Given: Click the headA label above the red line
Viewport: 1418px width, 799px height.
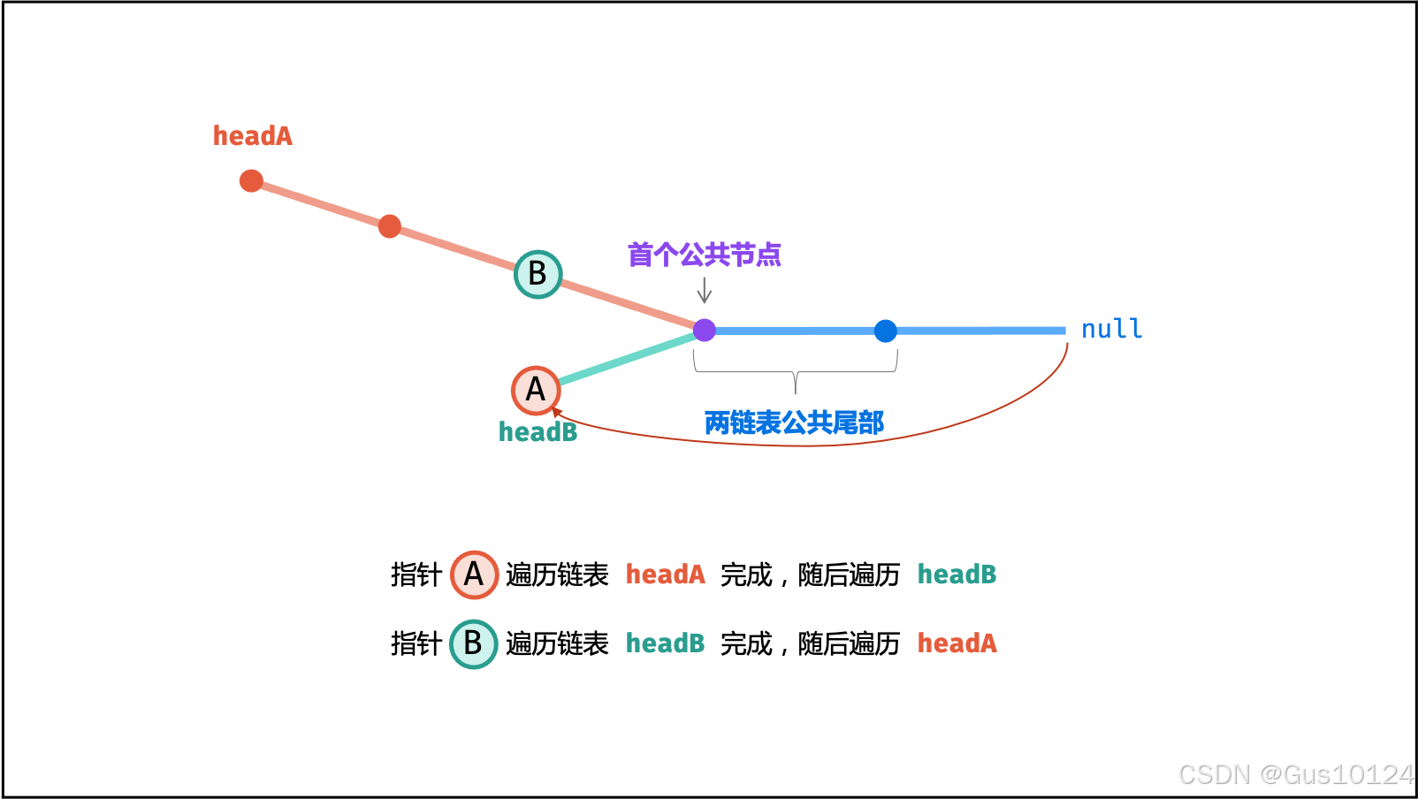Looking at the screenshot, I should click(x=252, y=136).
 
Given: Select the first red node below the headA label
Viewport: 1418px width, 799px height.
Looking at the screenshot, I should click(x=251, y=181).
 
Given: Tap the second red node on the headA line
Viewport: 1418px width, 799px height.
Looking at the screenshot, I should click(x=389, y=226).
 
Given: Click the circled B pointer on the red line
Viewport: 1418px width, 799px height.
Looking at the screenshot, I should click(x=537, y=274).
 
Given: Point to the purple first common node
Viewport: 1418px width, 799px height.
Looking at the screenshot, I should click(x=705, y=331).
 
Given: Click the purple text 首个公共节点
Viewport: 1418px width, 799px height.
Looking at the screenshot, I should click(x=704, y=255).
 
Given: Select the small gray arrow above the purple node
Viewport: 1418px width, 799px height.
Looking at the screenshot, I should click(x=705, y=291).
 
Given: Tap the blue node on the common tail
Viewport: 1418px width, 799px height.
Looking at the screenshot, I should click(x=885, y=331).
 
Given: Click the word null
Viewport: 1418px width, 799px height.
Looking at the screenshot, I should click(x=1111, y=330).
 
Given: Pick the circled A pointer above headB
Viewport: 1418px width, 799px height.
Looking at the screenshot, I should click(x=536, y=390).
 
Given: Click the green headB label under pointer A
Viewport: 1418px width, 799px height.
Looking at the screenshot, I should click(x=537, y=432).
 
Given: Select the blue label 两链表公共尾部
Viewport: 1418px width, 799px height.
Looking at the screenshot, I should click(x=794, y=423).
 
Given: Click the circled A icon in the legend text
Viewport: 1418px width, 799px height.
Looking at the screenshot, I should click(x=474, y=575).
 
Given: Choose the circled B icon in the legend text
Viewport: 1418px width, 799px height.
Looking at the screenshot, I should click(x=473, y=644).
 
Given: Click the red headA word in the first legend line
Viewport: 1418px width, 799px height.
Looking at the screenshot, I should click(x=665, y=575).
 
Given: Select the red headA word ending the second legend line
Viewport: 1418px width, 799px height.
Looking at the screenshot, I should click(x=957, y=643).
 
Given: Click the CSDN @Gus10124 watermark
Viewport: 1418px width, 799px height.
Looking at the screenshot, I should click(x=1295, y=775).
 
